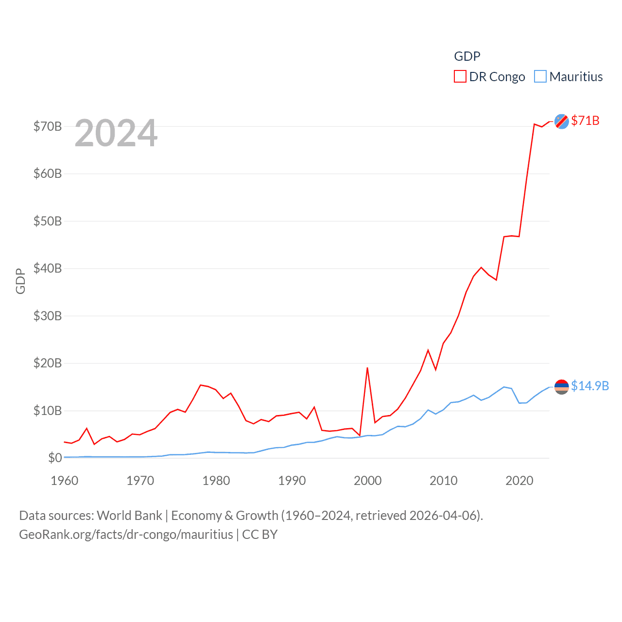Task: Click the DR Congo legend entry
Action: coord(490,77)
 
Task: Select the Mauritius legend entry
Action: coord(569,77)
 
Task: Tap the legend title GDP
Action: coord(467,56)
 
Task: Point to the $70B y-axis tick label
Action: coord(48,126)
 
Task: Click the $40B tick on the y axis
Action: coord(48,268)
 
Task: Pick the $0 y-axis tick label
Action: coord(55,458)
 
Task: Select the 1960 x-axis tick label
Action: coord(65,481)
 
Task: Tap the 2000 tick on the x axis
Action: coord(367,481)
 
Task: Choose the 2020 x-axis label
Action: coord(519,481)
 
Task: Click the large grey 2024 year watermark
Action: coord(116,133)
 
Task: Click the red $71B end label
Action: coord(585,121)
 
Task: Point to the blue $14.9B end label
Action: coord(590,386)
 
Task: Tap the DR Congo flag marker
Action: coord(562,121)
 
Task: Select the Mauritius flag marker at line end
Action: coord(562,387)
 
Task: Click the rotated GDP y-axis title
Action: coord(20,281)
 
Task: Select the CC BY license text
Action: coord(259,535)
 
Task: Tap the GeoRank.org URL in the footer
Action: coord(126,535)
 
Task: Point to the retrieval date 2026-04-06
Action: coord(444,515)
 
